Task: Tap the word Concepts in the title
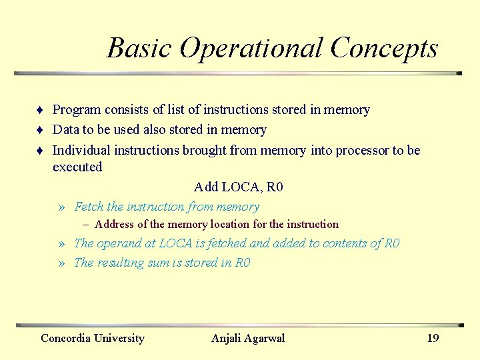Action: click(x=384, y=49)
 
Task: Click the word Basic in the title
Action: click(x=139, y=49)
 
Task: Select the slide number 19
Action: click(x=433, y=338)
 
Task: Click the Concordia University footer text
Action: click(x=93, y=338)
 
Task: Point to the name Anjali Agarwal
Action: click(x=248, y=338)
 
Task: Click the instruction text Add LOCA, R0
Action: click(x=239, y=187)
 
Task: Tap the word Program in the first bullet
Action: click(x=77, y=110)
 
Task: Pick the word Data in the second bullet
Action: click(x=65, y=130)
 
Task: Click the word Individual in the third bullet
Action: click(x=82, y=150)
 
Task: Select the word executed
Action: click(x=77, y=167)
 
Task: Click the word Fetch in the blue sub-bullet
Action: click(x=89, y=207)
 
